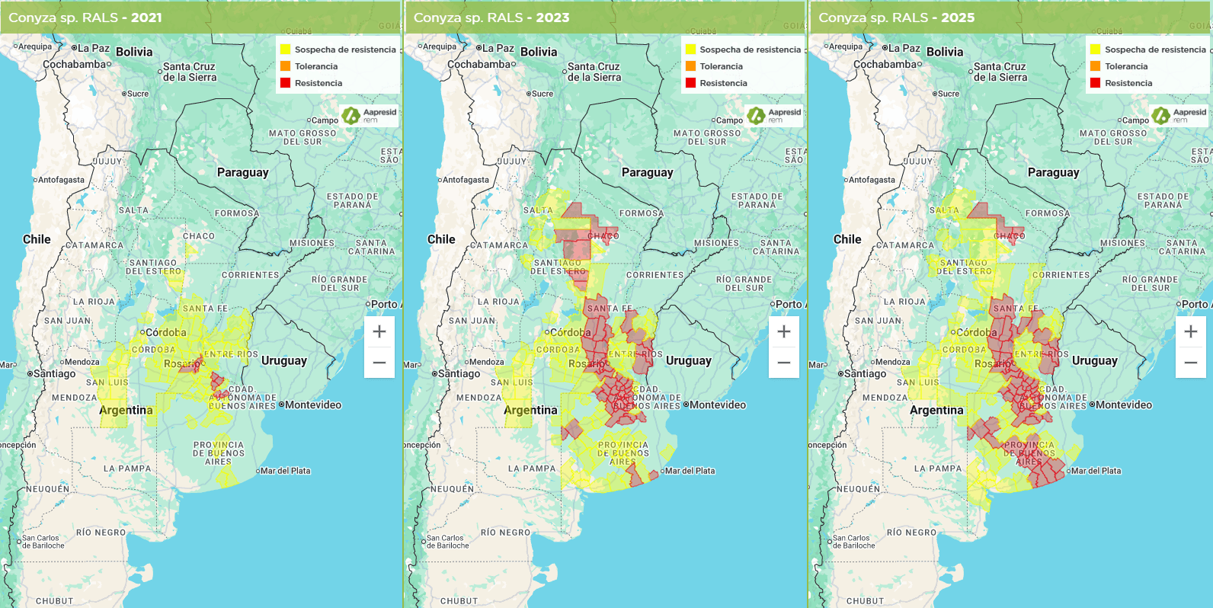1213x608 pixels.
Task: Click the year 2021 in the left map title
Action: coord(146,18)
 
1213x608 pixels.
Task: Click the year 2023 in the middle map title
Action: coord(552,18)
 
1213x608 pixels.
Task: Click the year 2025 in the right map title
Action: coord(958,18)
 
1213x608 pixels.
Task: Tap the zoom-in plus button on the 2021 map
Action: coord(379,331)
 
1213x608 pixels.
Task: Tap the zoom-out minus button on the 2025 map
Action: coord(1191,363)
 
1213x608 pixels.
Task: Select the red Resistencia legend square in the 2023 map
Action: coord(690,83)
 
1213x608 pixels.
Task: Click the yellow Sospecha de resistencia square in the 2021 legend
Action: coord(285,50)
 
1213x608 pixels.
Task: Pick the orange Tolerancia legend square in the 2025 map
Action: coord(1095,66)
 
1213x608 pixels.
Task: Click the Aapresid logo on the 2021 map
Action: coord(370,115)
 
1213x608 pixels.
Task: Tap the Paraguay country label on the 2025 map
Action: coord(1053,172)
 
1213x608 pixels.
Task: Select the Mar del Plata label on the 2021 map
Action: coord(285,471)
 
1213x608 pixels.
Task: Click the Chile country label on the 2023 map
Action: coord(441,239)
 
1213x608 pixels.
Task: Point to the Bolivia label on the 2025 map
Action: coord(945,52)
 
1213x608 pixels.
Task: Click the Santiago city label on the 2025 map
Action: coord(865,373)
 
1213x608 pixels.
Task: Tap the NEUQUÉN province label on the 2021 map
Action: coord(47,489)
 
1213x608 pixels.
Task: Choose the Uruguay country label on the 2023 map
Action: coord(689,360)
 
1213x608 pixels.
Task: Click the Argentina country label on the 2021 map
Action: coord(126,410)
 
